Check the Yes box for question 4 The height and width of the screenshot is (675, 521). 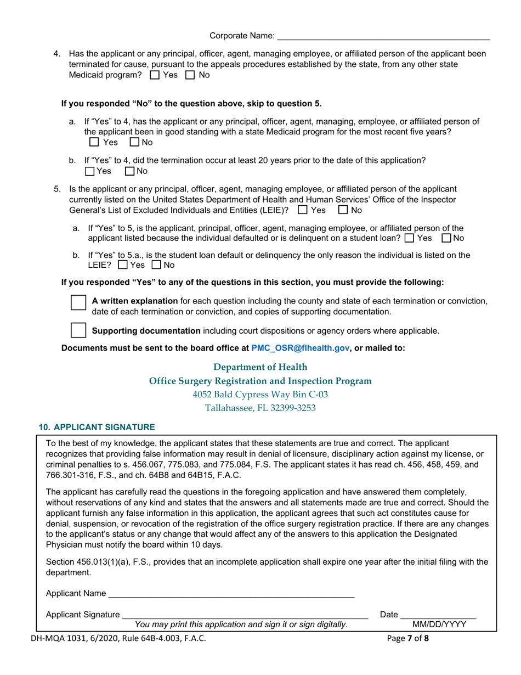point(155,75)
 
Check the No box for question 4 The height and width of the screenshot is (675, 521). point(190,75)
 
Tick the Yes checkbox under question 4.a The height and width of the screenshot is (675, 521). point(94,143)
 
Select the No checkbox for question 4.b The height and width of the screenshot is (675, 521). point(130,171)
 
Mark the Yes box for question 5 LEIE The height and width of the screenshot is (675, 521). point(302,210)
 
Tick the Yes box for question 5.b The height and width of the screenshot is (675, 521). point(123,265)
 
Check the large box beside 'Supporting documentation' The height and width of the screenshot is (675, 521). point(79,330)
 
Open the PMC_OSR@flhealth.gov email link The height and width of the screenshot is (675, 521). point(300,348)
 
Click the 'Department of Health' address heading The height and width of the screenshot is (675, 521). point(260,367)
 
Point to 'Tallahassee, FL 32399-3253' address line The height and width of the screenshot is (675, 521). point(260,408)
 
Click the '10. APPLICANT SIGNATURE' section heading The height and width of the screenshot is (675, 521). point(97,427)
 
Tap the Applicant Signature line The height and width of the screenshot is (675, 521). point(245,614)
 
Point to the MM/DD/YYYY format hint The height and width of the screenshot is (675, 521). point(439,625)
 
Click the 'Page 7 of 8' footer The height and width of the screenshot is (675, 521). point(407,638)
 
